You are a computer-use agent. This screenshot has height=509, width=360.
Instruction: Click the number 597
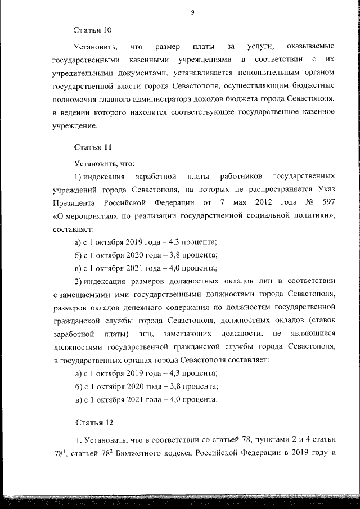pyautogui.click(x=328, y=202)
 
